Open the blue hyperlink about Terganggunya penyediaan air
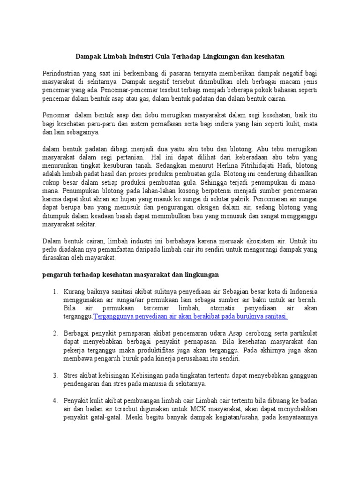point(191,317)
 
